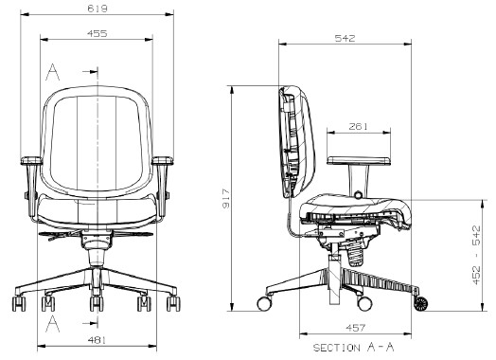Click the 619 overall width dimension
coord(97,9)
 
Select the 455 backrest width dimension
coord(97,33)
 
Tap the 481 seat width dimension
coord(97,340)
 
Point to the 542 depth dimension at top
coord(345,38)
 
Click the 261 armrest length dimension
coord(359,127)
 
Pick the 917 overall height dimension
coord(226,199)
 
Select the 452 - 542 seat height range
coord(476,255)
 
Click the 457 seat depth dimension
coord(356,328)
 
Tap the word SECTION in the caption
coord(337,348)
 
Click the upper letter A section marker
coord(52,72)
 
